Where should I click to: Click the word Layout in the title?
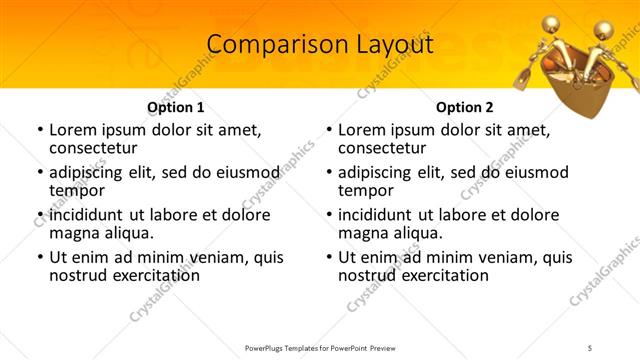391,46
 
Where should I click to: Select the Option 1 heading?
176,107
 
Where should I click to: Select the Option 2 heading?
465,107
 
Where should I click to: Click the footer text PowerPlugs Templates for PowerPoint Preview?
320,347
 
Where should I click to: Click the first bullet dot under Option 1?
39,130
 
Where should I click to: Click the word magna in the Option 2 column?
363,233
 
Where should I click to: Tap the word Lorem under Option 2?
363,129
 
